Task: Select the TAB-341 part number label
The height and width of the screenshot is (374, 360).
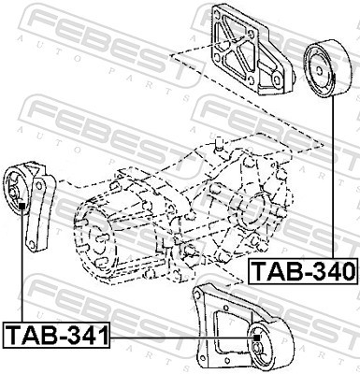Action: point(57,334)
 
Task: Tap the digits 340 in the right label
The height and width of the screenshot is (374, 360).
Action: point(327,272)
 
